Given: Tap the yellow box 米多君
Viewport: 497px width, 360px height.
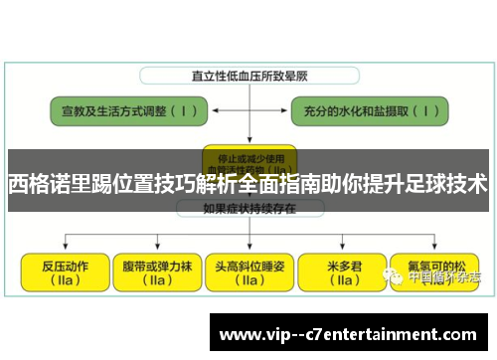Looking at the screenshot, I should pyautogui.click(x=343, y=271).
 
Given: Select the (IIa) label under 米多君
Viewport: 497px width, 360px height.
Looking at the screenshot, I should pyautogui.click(x=343, y=280).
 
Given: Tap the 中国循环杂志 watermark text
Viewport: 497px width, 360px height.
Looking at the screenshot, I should pyautogui.click(x=441, y=277).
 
